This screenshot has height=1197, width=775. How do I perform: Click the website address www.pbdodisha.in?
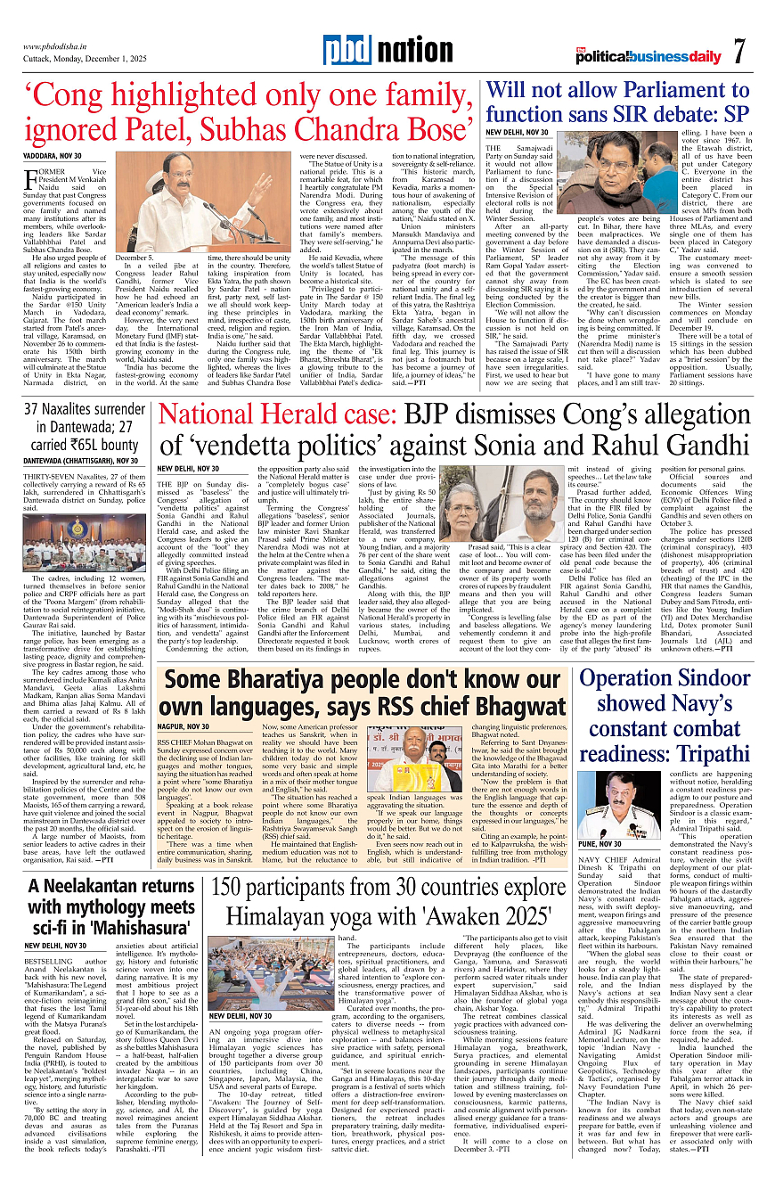pos(60,45)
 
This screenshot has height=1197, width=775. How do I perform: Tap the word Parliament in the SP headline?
pos(671,91)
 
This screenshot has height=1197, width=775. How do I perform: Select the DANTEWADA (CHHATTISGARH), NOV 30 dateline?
pos(80,460)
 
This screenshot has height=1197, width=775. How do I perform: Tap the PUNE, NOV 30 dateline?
pos(600,844)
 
